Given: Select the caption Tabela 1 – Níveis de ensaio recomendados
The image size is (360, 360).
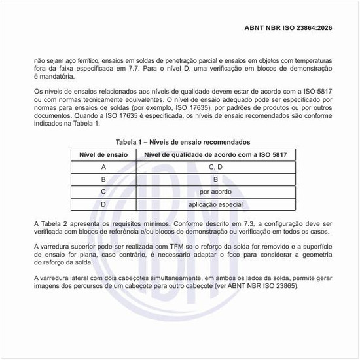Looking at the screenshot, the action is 183,142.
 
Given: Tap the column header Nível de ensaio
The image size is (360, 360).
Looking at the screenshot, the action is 103,154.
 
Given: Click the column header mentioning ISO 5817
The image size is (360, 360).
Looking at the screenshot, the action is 215,154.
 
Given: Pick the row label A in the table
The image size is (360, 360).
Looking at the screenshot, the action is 103,167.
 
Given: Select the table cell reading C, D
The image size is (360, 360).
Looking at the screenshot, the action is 215,167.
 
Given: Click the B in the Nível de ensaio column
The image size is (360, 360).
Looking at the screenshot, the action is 103,179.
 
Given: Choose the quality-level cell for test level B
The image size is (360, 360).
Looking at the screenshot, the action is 215,179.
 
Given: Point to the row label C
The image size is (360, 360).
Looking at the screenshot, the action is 103,192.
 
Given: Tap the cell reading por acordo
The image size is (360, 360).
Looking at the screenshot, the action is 215,192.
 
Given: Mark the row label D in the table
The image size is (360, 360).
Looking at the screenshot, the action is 103,204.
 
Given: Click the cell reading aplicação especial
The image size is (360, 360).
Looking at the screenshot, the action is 215,204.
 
